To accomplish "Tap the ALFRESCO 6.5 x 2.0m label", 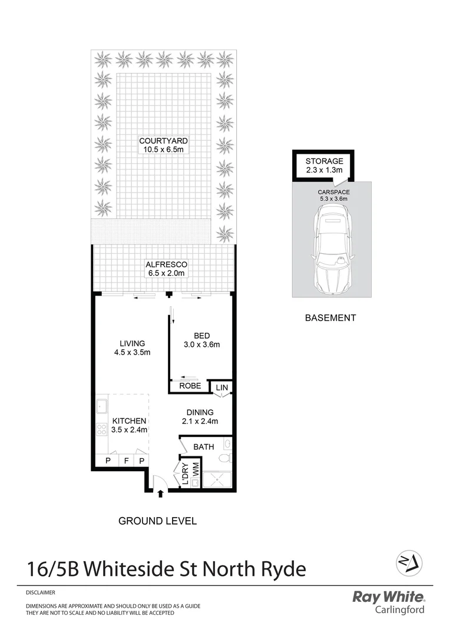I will (x=166, y=269).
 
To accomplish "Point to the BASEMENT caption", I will (x=330, y=318).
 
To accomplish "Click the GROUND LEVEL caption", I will (x=157, y=521).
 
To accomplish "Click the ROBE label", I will (x=190, y=386).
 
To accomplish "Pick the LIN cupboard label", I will (x=221, y=387).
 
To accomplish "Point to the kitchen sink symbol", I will (x=102, y=405).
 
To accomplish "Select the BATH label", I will (x=204, y=447).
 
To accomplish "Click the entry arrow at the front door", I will (x=160, y=493).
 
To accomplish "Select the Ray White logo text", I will (x=388, y=597).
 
